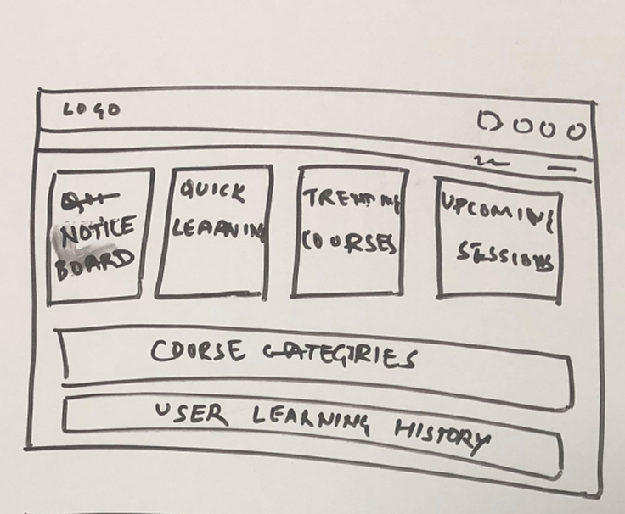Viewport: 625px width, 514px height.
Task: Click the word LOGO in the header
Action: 92,109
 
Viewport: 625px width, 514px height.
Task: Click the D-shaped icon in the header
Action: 491,123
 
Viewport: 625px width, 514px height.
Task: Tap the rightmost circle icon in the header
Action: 577,131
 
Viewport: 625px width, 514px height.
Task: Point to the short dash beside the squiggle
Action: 561,169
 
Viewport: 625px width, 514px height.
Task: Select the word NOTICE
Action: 97,231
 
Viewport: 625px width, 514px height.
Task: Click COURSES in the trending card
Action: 349,242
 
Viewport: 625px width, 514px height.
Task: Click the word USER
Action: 192,414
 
